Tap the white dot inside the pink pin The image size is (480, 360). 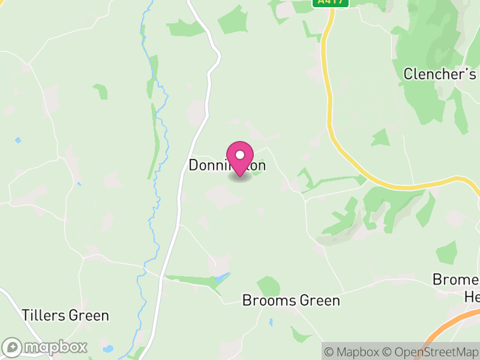240,155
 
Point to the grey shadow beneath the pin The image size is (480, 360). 240,177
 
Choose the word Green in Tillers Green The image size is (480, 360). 88,316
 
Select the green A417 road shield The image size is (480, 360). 331,2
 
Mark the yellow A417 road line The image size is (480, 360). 329,108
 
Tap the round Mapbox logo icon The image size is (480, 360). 12,347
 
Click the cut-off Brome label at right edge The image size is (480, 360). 456,280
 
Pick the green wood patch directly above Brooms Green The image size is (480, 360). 269,286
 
